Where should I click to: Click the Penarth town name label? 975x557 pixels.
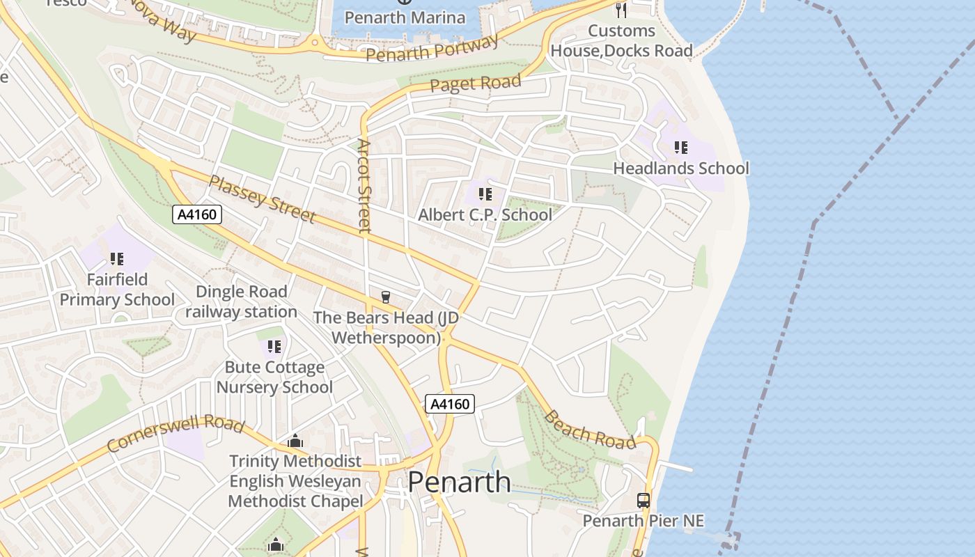(459, 482)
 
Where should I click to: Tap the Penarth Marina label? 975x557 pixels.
(405, 17)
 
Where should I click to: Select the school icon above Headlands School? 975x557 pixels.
(680, 147)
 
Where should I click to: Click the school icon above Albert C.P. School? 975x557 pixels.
(485, 194)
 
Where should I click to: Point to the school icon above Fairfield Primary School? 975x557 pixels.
(117, 259)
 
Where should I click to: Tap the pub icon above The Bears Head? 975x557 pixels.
(385, 297)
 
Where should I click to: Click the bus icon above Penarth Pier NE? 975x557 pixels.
(643, 500)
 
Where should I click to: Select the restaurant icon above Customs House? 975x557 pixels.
(621, 10)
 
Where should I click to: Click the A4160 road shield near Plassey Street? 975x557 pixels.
(197, 214)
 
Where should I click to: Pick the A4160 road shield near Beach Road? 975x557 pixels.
(450, 404)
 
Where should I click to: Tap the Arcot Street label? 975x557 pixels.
(364, 185)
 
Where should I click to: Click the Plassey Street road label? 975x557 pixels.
(262, 199)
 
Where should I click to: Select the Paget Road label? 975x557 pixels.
(475, 84)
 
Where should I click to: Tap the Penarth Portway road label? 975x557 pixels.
(432, 48)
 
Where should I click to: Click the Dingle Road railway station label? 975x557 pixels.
(241, 301)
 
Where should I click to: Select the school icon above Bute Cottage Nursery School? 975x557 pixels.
(274, 346)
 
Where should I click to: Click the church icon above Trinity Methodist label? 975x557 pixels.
(295, 441)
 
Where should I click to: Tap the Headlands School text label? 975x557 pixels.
(680, 168)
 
